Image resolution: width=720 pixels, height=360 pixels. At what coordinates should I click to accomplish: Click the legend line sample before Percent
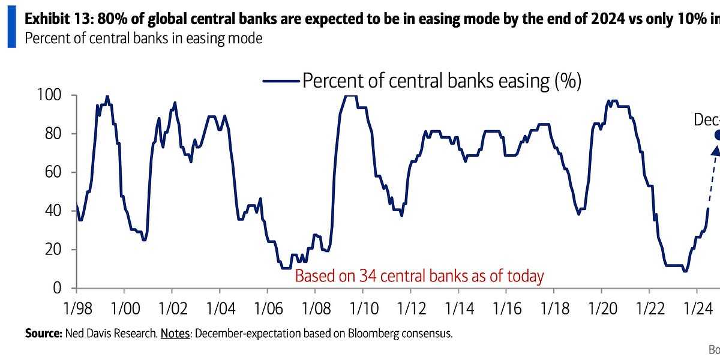click(280, 81)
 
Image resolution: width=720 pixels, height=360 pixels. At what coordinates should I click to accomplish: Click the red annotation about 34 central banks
click(419, 276)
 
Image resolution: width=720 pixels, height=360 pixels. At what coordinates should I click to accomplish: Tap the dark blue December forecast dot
click(717, 135)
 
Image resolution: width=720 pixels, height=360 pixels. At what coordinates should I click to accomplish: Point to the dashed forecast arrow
click(713, 177)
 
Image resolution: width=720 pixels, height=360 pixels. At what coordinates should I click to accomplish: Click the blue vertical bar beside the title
click(11, 28)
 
